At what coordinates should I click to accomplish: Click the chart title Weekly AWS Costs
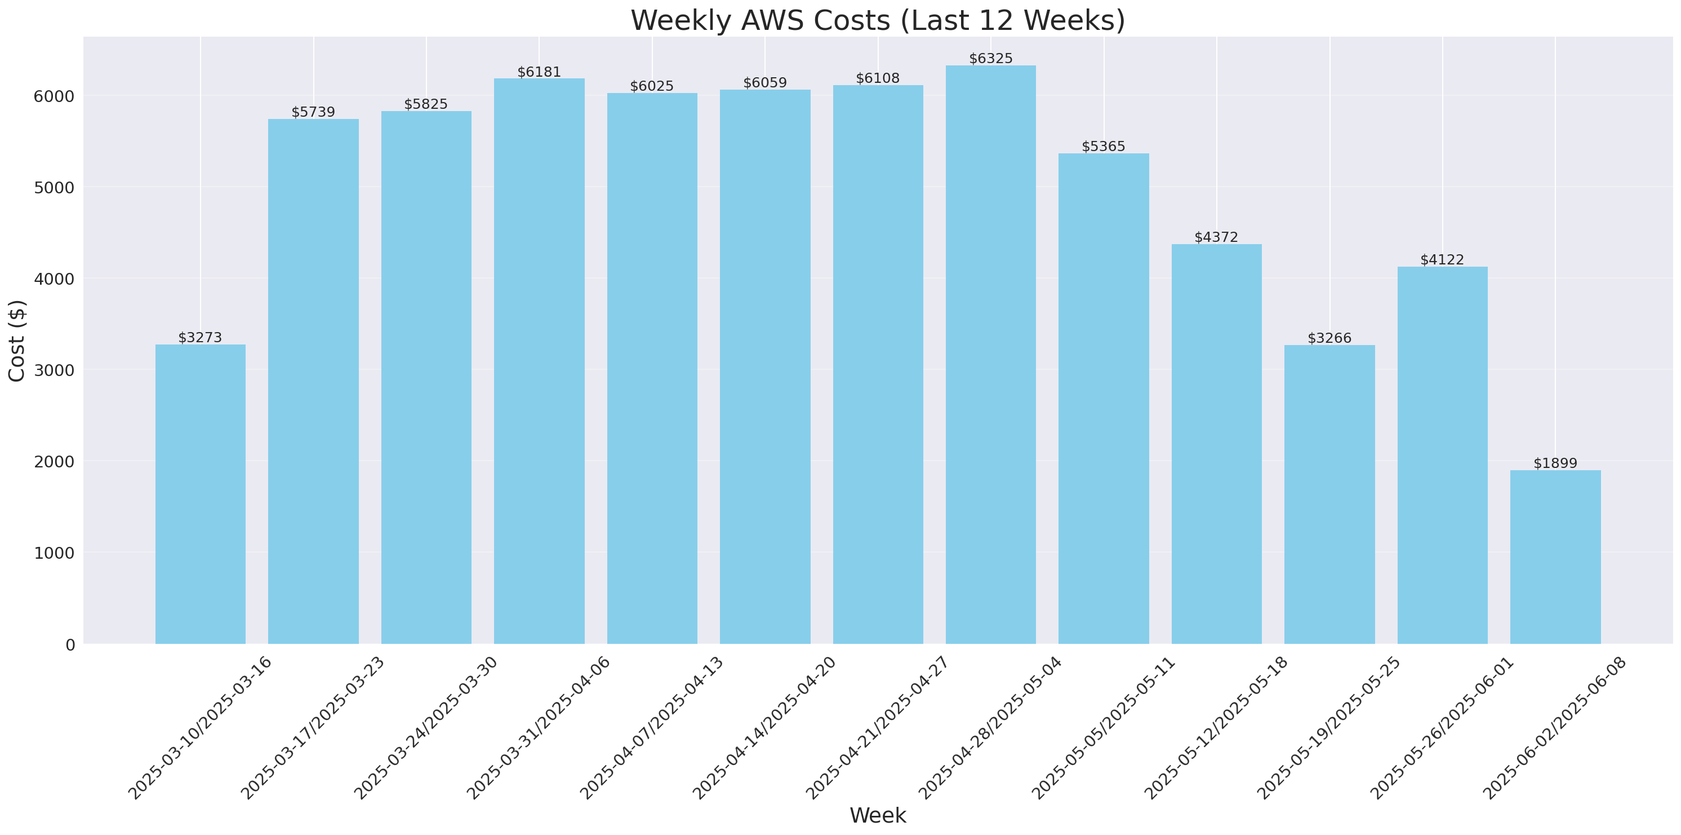[x=877, y=21]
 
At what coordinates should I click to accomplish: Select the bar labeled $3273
[x=201, y=494]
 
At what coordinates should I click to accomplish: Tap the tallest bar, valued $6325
[x=990, y=355]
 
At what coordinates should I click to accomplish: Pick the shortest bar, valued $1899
[x=1555, y=557]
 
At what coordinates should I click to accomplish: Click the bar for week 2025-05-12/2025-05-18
[x=1216, y=444]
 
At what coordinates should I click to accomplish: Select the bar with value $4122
[x=1442, y=455]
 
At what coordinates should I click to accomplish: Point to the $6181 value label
[x=539, y=72]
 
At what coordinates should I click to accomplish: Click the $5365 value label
[x=1104, y=146]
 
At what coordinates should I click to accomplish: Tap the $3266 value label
[x=1329, y=338]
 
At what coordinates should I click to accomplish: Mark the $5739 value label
[x=313, y=112]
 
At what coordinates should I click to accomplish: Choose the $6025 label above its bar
[x=652, y=86]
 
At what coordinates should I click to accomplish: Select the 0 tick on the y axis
[x=70, y=644]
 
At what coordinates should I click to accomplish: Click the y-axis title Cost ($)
[x=16, y=340]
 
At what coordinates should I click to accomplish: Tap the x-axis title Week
[x=877, y=815]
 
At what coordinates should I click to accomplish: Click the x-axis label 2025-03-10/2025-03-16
[x=199, y=728]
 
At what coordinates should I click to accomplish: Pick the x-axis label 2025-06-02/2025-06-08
[x=1555, y=728]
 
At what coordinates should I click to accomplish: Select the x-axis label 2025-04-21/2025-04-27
[x=877, y=728]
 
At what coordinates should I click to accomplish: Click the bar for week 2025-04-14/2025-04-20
[x=765, y=367]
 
